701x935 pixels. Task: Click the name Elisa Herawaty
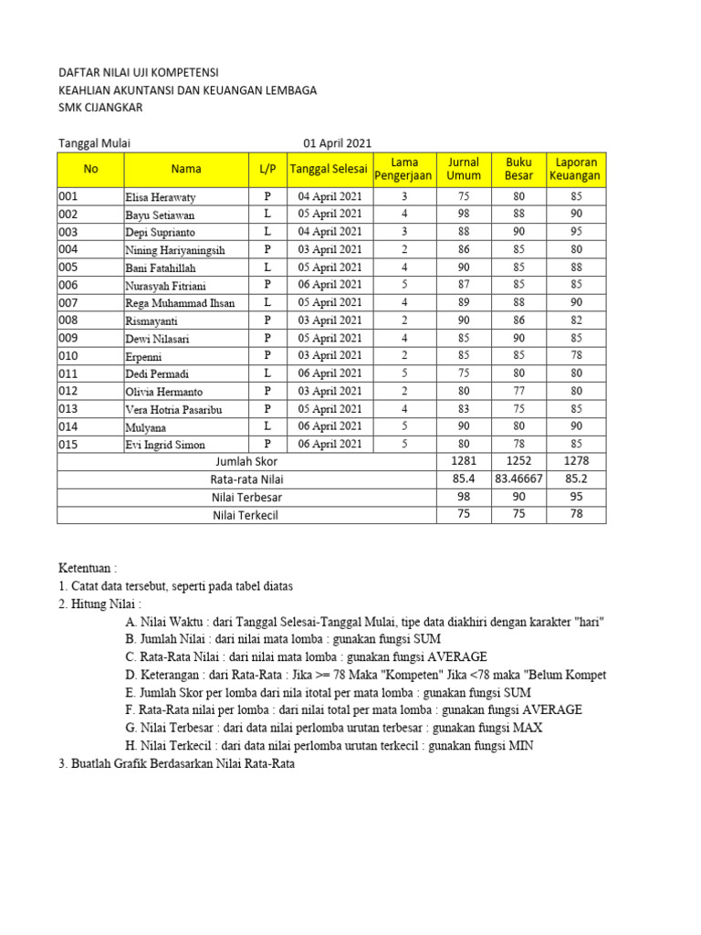coord(160,197)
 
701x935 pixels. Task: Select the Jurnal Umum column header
coord(464,169)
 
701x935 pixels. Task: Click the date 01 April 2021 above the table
coord(337,142)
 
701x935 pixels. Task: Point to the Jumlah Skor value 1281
coord(464,461)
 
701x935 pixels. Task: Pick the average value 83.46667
coord(518,478)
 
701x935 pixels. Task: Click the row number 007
coord(69,302)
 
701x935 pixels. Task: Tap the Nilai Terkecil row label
coord(245,515)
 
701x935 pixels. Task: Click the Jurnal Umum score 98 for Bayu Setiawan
coord(464,215)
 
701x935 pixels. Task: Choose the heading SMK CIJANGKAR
coord(100,108)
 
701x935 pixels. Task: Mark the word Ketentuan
coord(87,568)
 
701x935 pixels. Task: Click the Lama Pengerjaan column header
coord(404,169)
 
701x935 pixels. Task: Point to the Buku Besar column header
coord(518,169)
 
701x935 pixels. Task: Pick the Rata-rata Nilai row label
coord(246,479)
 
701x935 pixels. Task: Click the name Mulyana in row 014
coord(146,426)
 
